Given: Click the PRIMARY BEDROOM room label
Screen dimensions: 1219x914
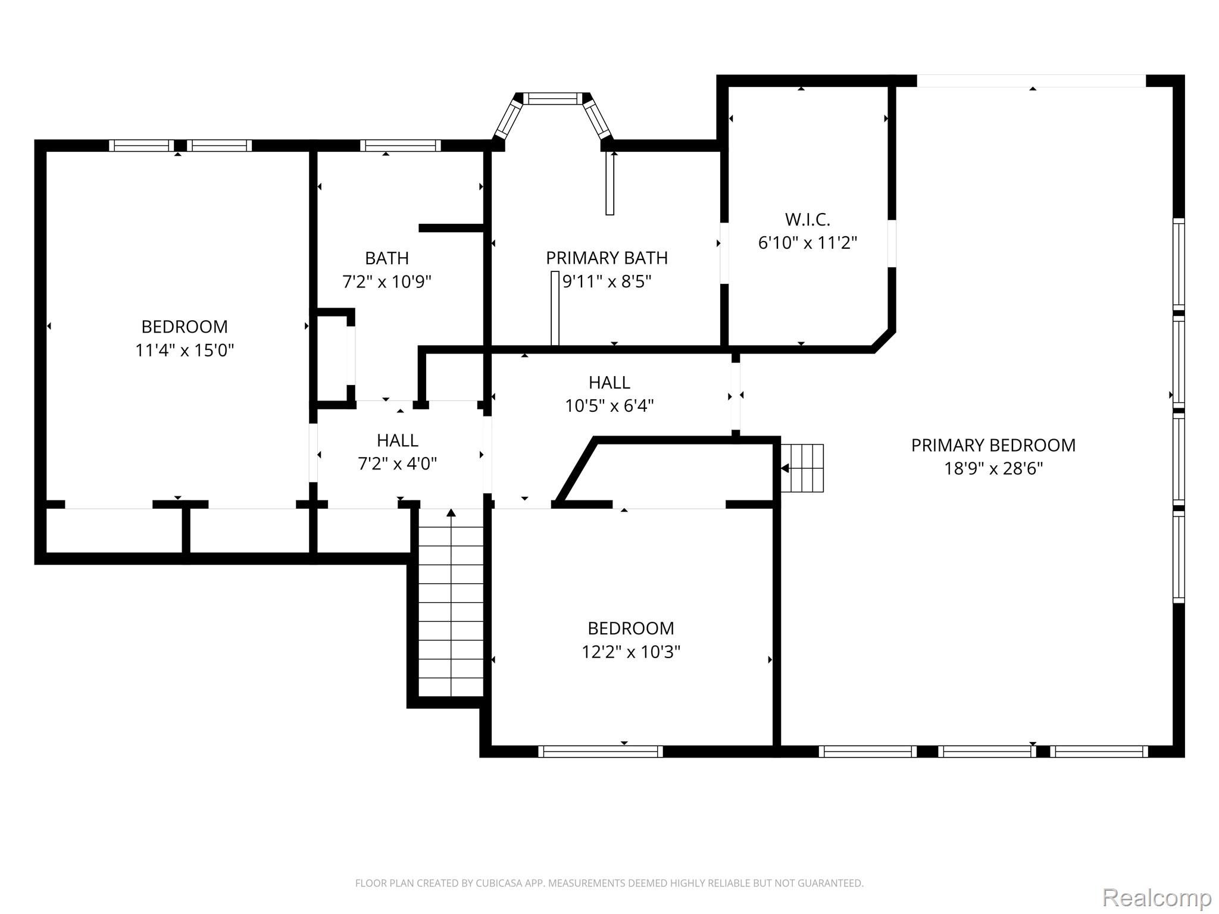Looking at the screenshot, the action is tap(993, 445).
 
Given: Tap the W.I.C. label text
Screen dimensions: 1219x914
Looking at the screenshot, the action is tap(808, 220).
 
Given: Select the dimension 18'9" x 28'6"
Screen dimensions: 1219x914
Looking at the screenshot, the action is tap(993, 469).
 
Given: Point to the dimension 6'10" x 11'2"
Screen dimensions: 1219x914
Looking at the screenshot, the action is tap(808, 243).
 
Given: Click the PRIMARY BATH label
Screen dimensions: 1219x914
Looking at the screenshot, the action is tap(607, 258).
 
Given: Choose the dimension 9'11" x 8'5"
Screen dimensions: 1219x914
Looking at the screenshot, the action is tap(607, 281).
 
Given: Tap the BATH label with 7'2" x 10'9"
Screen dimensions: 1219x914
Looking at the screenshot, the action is tap(387, 258).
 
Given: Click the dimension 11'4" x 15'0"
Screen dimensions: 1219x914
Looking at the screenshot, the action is tap(185, 350).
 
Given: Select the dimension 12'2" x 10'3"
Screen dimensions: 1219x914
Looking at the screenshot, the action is tap(631, 652).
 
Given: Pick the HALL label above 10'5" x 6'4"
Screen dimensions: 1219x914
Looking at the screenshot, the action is tap(609, 382).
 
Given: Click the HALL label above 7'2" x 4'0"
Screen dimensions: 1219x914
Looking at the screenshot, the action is tap(398, 440).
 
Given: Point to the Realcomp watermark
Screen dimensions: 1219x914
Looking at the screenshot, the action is tap(1157, 897).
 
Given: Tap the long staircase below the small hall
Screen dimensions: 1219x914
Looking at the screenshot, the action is tap(451, 602).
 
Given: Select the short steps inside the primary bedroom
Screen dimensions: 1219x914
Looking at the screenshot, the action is tap(802, 468).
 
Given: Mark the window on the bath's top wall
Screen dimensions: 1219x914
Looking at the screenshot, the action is tap(401, 146).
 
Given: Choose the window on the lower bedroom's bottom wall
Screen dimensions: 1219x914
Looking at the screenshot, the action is tap(601, 752).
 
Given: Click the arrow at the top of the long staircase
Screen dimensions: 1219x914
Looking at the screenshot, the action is tap(451, 513).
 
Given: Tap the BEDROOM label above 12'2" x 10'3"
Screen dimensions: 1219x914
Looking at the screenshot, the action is tap(631, 628).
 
